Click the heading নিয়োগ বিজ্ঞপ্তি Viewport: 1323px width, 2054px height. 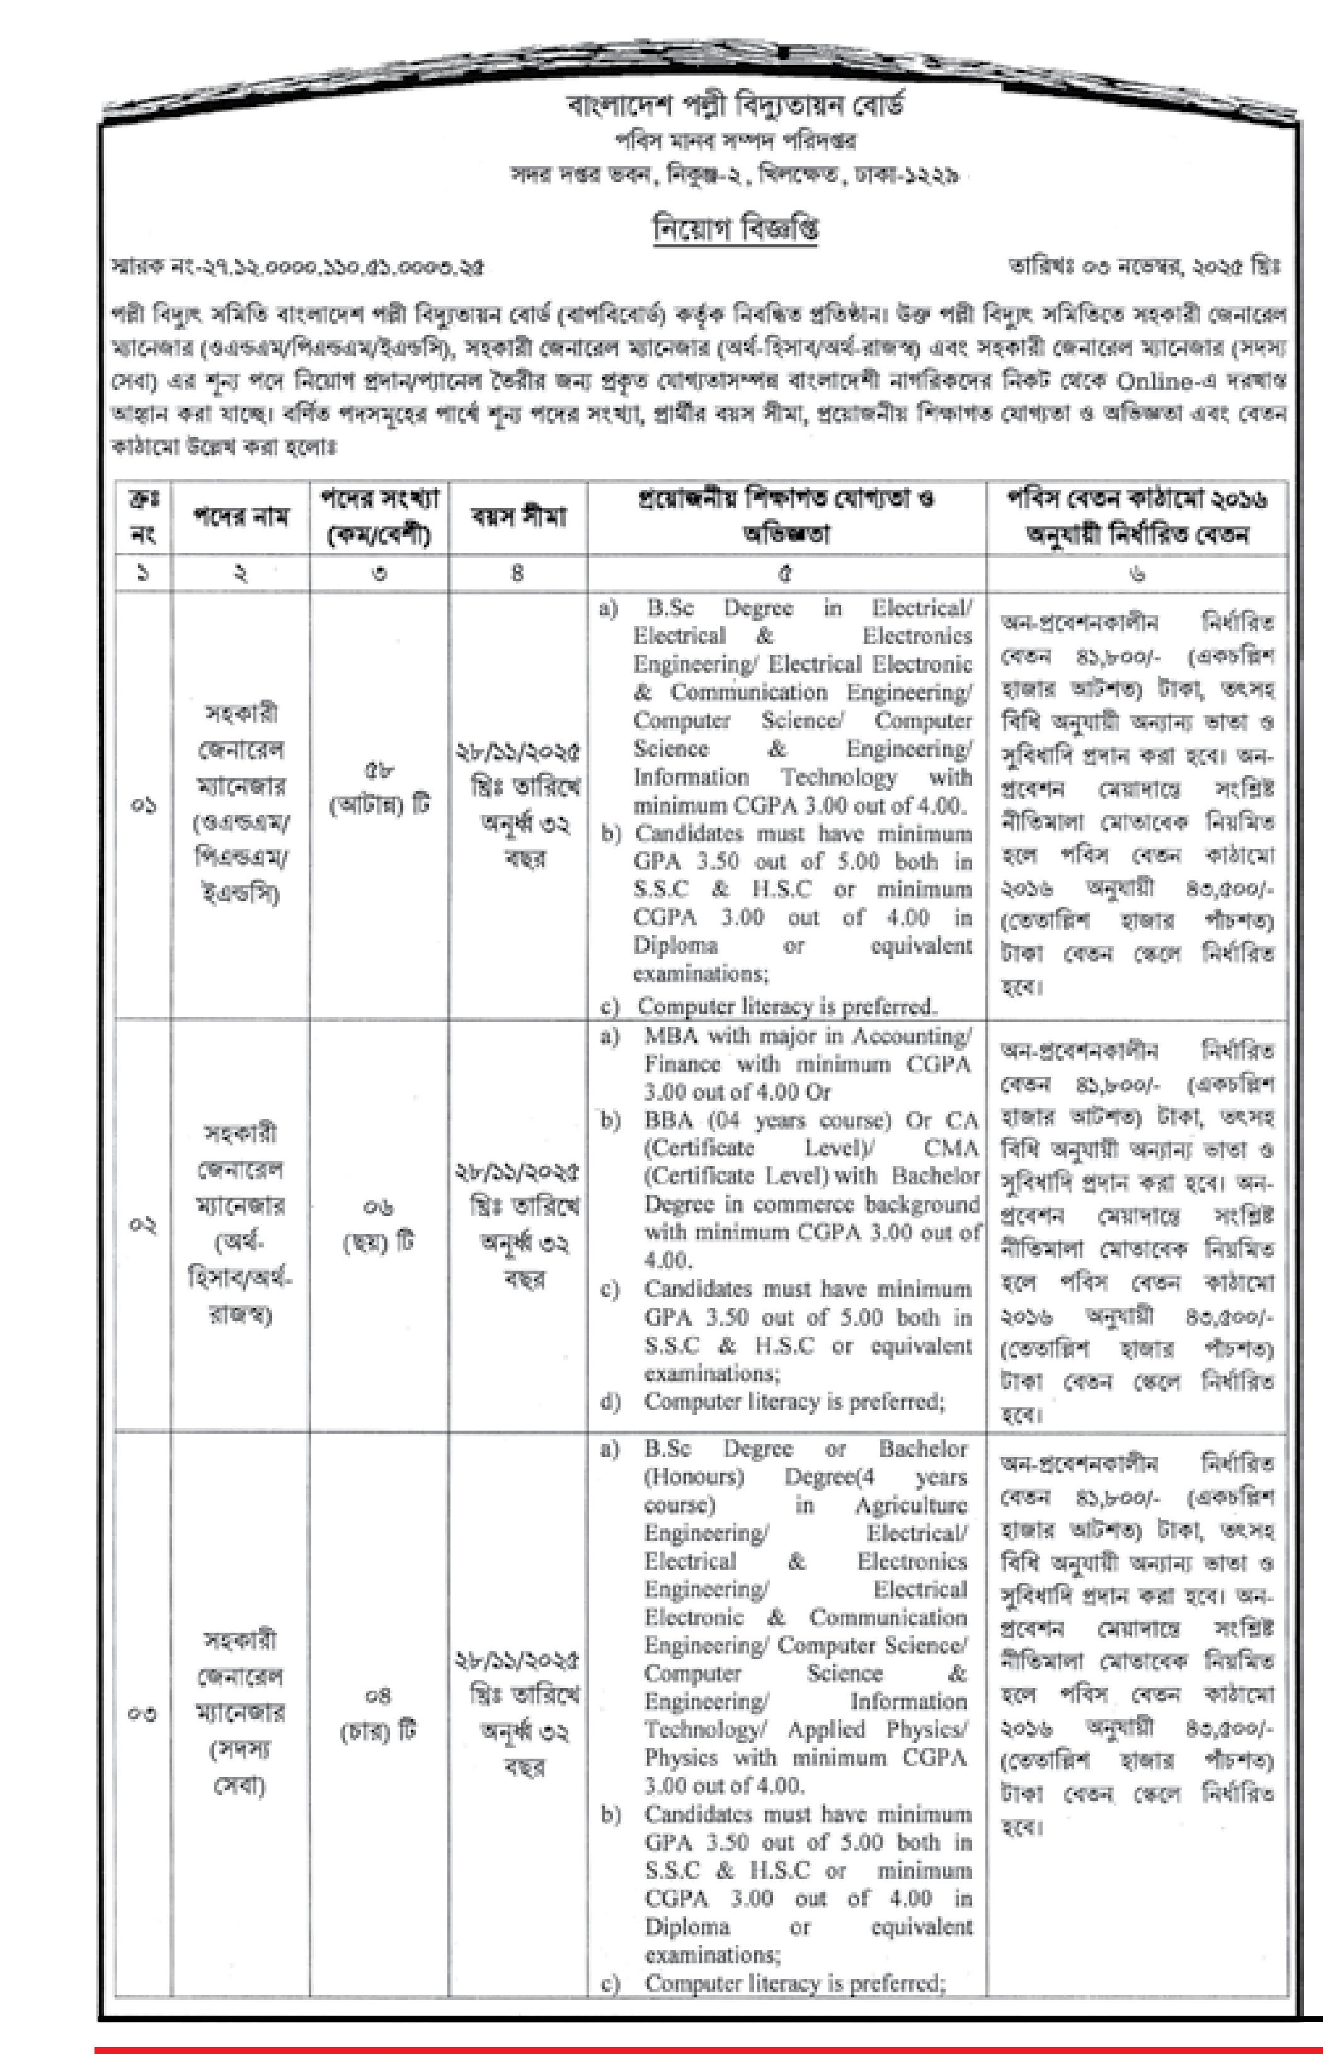point(735,229)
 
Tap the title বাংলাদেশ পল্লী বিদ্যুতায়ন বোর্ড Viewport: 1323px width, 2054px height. point(735,106)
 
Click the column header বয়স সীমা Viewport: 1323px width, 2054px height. point(517,516)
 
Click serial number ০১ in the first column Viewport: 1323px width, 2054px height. point(144,805)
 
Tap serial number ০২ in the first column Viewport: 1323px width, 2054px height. point(144,1225)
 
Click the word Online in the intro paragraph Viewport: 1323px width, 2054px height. point(1155,380)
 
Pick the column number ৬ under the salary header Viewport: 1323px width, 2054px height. point(1137,574)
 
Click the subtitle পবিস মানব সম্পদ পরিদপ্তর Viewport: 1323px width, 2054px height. point(735,141)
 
